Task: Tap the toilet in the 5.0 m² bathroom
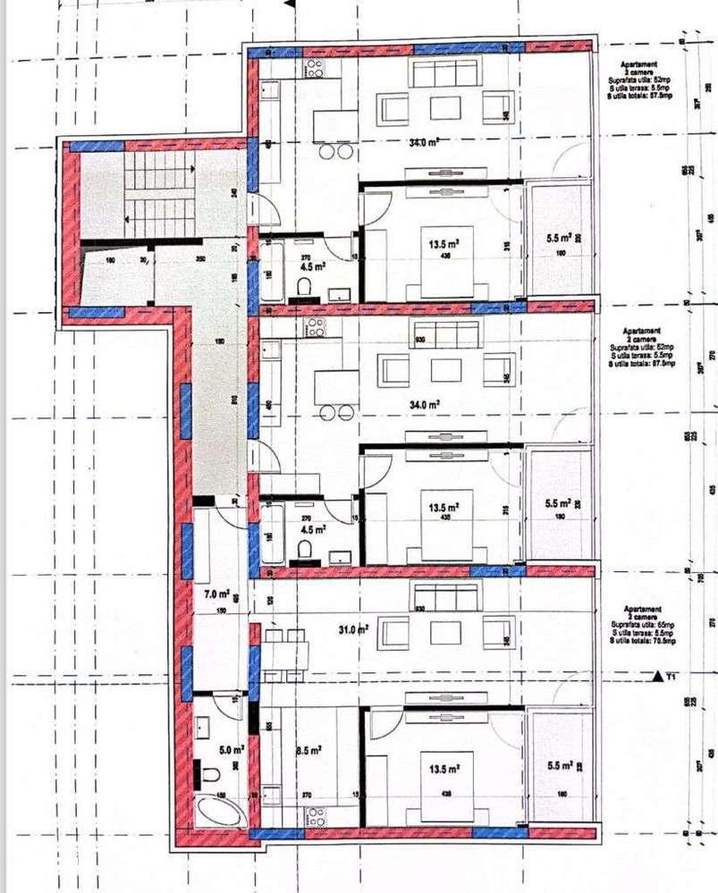[209, 771]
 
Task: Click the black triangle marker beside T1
[660, 676]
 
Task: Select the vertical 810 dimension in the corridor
[234, 400]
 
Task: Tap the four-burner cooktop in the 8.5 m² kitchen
[316, 816]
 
